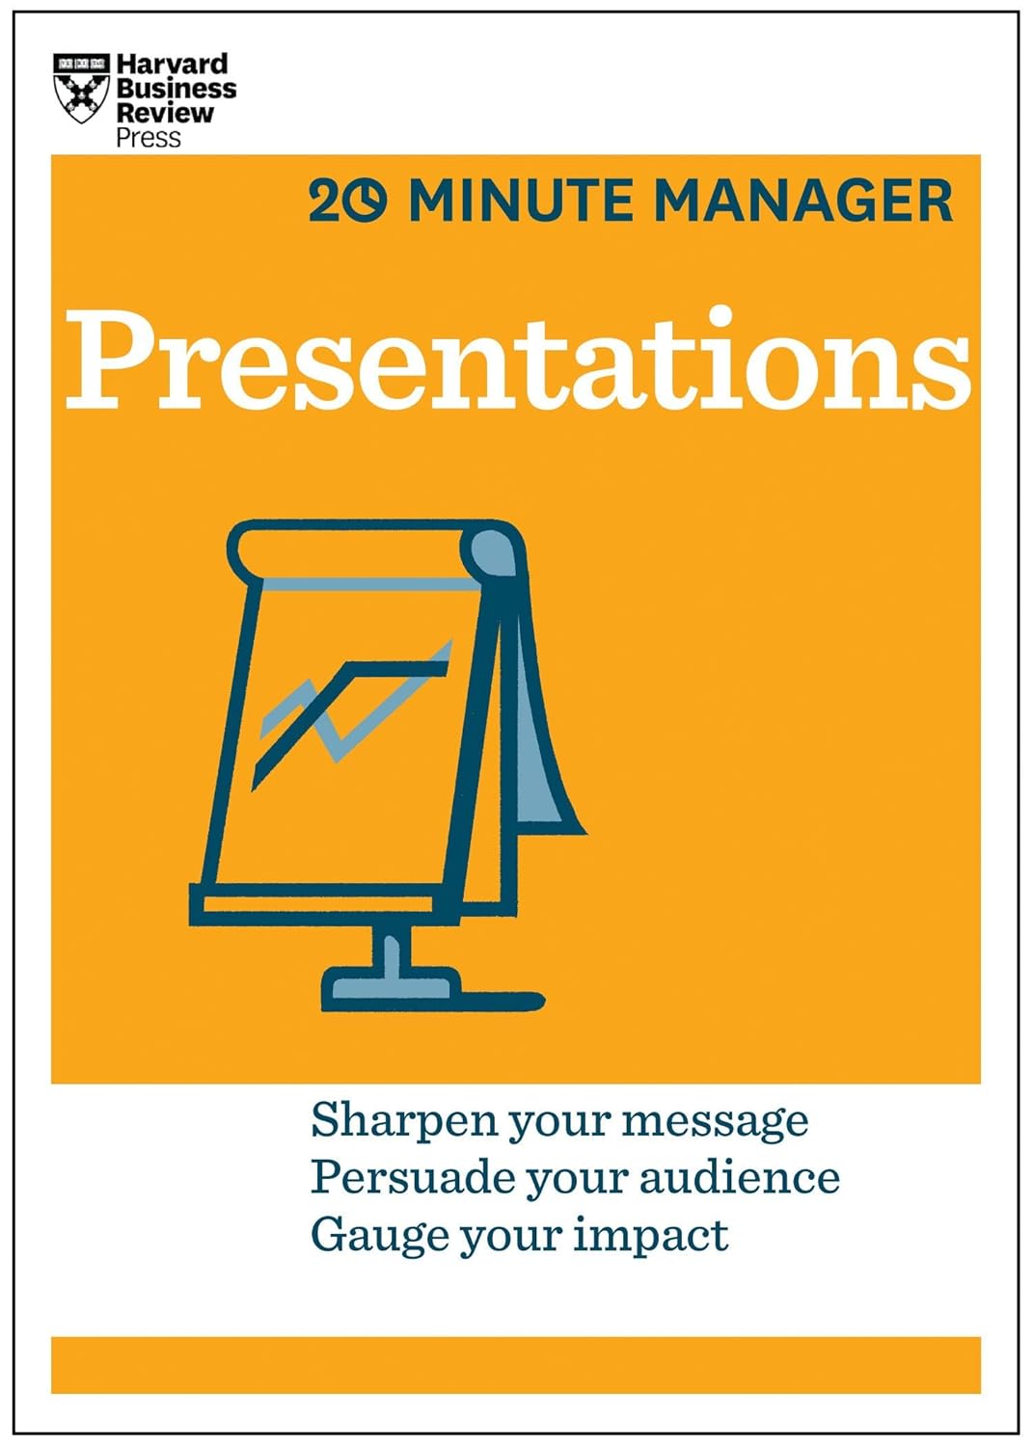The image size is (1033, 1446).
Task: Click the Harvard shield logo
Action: (80, 88)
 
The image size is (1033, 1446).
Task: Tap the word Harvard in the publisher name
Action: (173, 65)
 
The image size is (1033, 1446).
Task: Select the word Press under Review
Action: (149, 138)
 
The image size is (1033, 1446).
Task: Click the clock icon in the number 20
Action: (367, 202)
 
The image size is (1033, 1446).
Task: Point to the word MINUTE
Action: (521, 201)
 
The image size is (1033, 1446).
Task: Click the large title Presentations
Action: (518, 359)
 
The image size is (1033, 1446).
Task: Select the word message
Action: (715, 1121)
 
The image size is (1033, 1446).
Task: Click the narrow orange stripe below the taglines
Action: (516, 1364)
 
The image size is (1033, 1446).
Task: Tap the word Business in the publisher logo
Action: (177, 89)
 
